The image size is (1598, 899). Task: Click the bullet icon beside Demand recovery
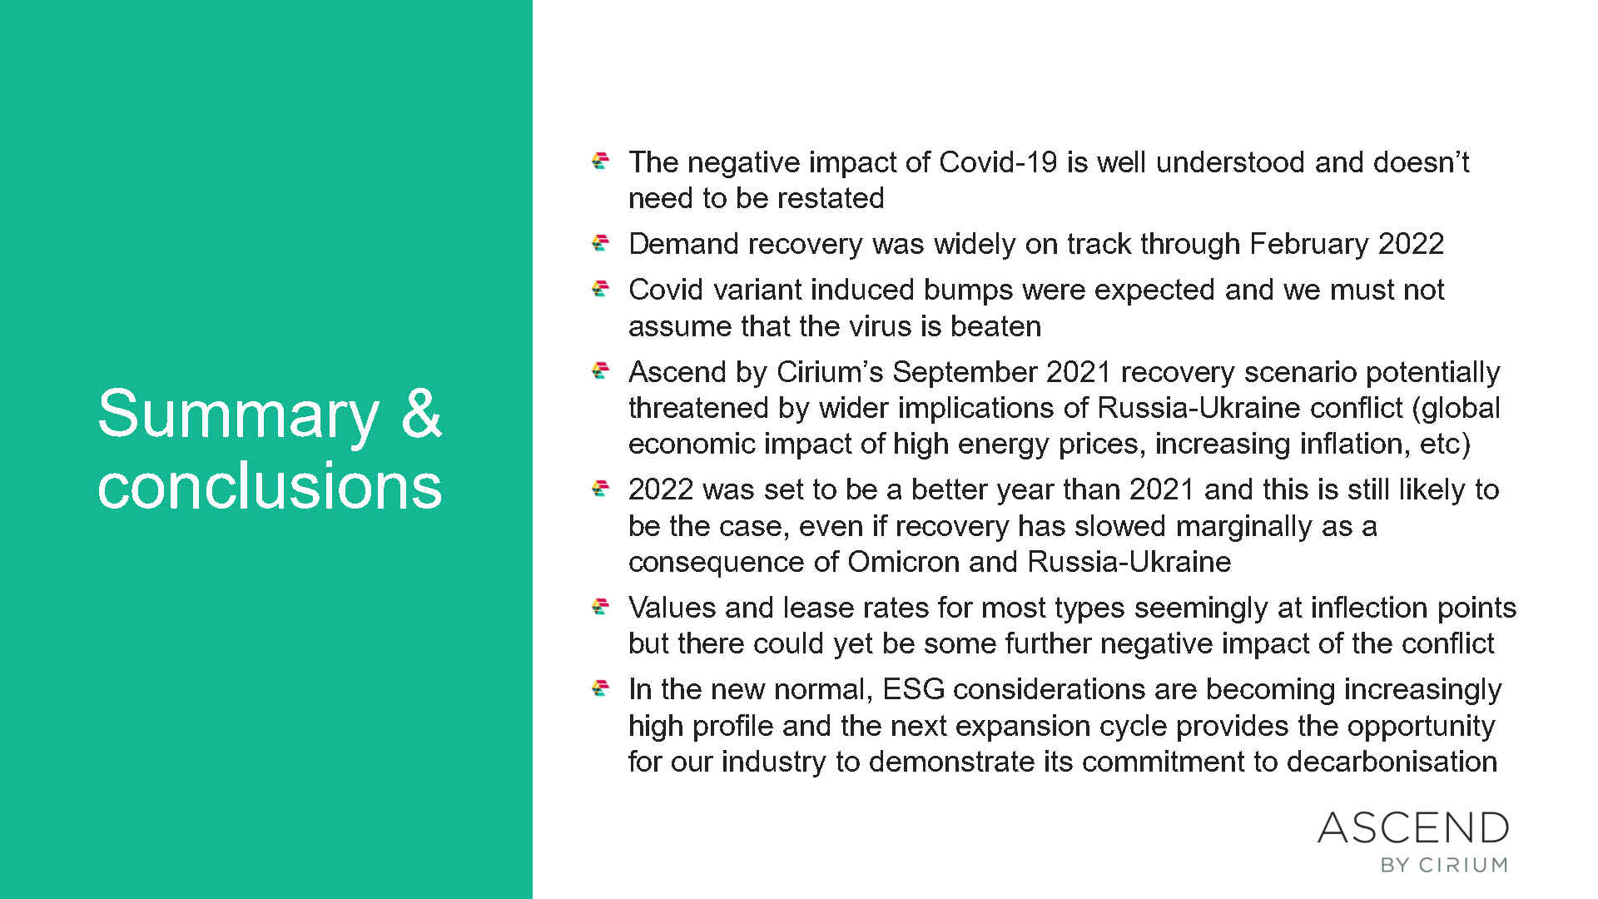click(x=600, y=242)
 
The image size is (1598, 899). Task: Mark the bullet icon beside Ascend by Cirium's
click(x=600, y=370)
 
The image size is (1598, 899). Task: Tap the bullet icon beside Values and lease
click(x=600, y=606)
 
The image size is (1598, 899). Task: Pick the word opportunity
click(x=1421, y=726)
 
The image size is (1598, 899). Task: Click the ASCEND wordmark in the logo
click(x=1413, y=828)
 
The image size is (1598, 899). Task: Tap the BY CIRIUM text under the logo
click(x=1444, y=866)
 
